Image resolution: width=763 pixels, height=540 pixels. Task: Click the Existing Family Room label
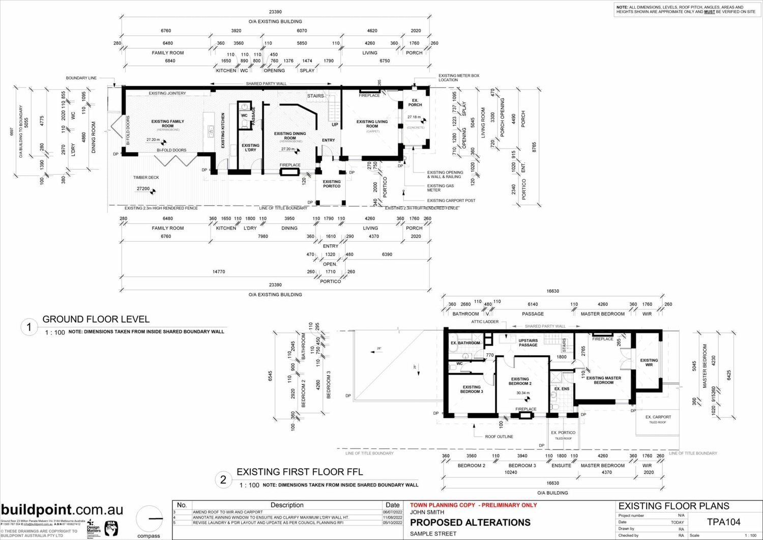(167, 124)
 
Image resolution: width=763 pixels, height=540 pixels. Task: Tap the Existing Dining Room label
(290, 136)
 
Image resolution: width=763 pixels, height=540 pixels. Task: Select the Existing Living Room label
(372, 124)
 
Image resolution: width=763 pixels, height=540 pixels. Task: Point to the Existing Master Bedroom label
(603, 380)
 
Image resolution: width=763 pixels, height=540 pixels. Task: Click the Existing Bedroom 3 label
(472, 389)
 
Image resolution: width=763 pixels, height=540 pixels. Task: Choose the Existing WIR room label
(649, 363)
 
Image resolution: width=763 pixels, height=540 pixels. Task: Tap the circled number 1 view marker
(29, 328)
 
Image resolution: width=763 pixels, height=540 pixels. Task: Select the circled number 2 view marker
(223, 479)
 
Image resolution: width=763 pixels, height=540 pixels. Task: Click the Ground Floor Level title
(96, 320)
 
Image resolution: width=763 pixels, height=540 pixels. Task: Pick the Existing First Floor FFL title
(300, 472)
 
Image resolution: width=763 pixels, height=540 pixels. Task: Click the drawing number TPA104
(723, 522)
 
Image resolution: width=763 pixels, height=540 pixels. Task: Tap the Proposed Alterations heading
(470, 523)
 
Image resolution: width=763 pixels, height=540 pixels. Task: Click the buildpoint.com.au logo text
(62, 510)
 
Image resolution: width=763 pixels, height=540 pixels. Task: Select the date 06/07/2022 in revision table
(392, 512)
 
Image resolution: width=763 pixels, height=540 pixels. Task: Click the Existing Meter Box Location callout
(459, 77)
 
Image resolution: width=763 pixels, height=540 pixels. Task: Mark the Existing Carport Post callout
(451, 201)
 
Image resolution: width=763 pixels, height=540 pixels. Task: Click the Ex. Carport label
(658, 417)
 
